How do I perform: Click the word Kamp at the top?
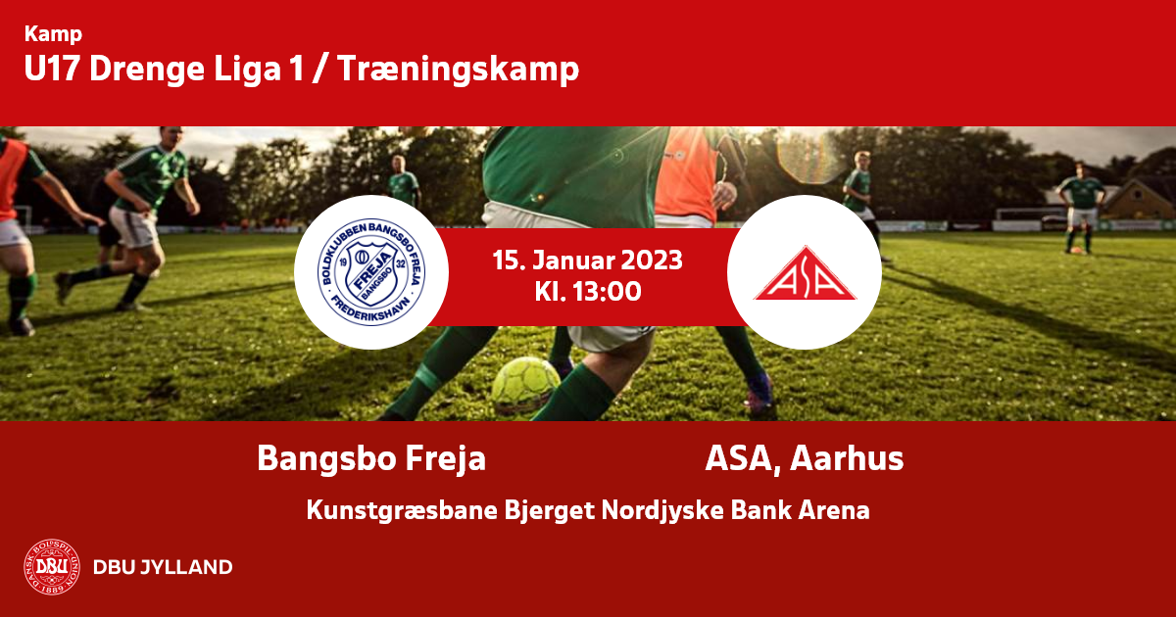coord(53,34)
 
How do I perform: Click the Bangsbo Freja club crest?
coord(371,272)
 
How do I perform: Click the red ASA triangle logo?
coord(805,274)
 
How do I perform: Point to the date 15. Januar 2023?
coord(587,261)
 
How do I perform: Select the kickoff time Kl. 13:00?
coord(588,292)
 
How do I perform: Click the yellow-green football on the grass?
coord(525,385)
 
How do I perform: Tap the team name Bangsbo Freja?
coord(371,459)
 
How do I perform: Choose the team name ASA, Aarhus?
coord(805,459)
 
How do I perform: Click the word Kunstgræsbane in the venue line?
coord(402,510)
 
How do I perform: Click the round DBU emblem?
coord(52,567)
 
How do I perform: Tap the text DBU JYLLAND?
coord(163,567)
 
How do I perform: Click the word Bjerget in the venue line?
coord(550,510)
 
